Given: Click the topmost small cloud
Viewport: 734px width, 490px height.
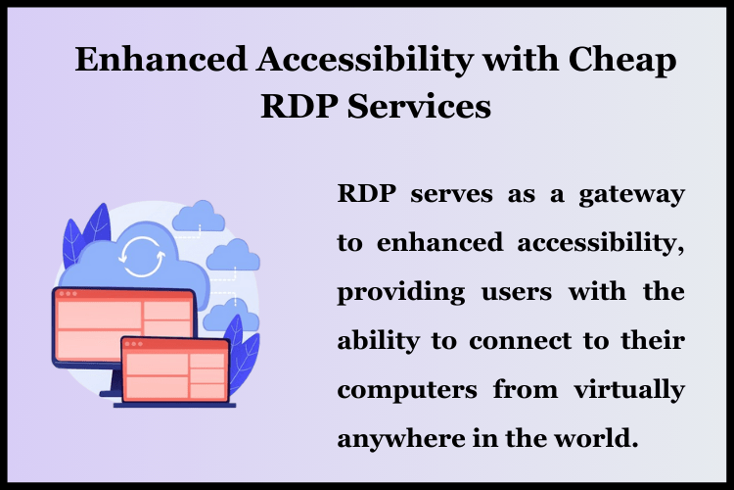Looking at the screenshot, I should click(204, 213).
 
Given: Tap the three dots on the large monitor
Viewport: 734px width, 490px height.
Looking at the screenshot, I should click(68, 294).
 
